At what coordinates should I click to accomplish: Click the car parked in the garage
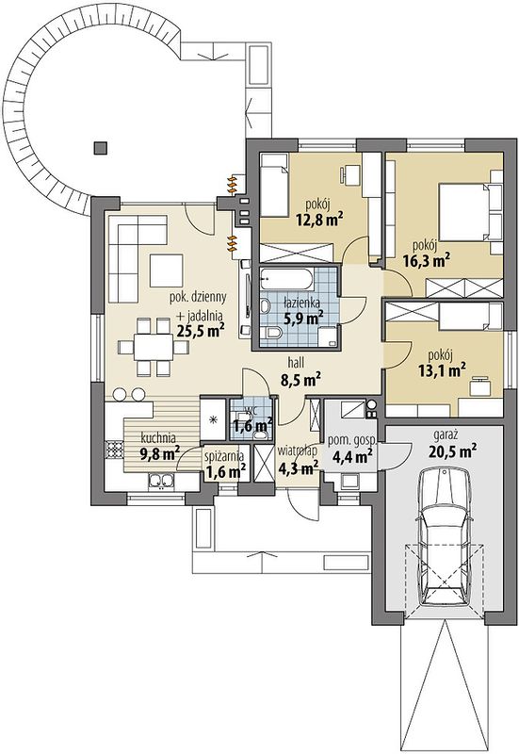[445, 538]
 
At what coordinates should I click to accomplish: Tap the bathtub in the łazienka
[287, 280]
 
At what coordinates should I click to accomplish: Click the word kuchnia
[158, 438]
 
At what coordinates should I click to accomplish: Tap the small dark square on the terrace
[101, 148]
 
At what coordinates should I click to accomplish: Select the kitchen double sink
[160, 481]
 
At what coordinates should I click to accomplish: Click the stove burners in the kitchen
[114, 450]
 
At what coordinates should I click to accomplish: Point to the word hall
[296, 362]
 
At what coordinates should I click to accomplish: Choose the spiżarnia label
[224, 455]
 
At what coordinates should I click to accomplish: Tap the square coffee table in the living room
[167, 270]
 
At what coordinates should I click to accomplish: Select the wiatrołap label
[297, 451]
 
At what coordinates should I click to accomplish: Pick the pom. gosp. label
[352, 440]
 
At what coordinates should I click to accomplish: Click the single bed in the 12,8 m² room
[274, 184]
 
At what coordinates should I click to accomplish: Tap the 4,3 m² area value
[299, 466]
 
